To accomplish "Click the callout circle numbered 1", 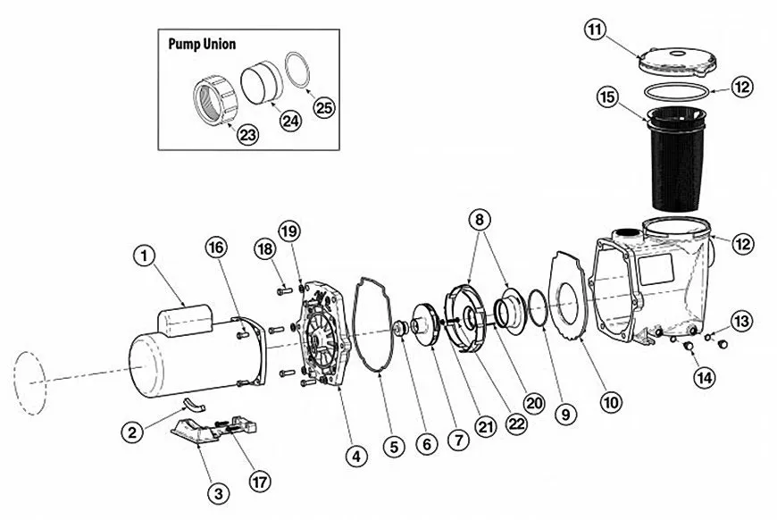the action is pyautogui.click(x=145, y=256).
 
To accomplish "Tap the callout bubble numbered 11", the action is pyautogui.click(x=595, y=29).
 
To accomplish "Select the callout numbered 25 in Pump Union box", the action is pyautogui.click(x=324, y=107).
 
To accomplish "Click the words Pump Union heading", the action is pyautogui.click(x=202, y=44).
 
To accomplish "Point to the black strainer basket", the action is pyautogui.click(x=676, y=159).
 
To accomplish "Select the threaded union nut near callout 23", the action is pyautogui.click(x=215, y=100).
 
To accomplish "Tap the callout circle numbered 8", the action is pyautogui.click(x=480, y=220).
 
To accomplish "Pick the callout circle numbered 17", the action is pyautogui.click(x=260, y=482).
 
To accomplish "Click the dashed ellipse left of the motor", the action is pyautogui.click(x=30, y=383).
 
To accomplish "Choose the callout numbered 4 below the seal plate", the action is pyautogui.click(x=356, y=456).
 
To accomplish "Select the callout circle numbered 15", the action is pyautogui.click(x=608, y=97).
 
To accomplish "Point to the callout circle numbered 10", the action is pyautogui.click(x=611, y=402).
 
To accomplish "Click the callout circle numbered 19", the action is pyautogui.click(x=290, y=231).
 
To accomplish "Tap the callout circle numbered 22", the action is pyautogui.click(x=516, y=424).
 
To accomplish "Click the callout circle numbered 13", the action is pyautogui.click(x=741, y=322).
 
